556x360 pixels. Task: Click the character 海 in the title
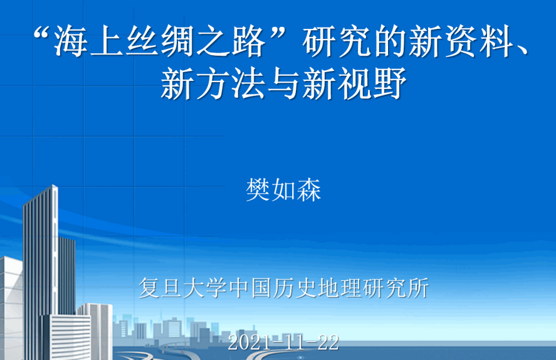71,41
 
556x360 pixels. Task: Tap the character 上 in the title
107,41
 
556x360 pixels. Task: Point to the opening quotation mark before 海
42,33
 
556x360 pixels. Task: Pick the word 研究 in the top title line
337,41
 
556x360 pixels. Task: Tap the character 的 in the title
391,41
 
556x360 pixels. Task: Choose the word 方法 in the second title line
231,83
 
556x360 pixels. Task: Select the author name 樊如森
284,190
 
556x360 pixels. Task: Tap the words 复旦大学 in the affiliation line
183,288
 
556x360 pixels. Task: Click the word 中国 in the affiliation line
250,288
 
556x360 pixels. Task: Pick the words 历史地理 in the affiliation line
317,288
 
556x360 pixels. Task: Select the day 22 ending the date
328,343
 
